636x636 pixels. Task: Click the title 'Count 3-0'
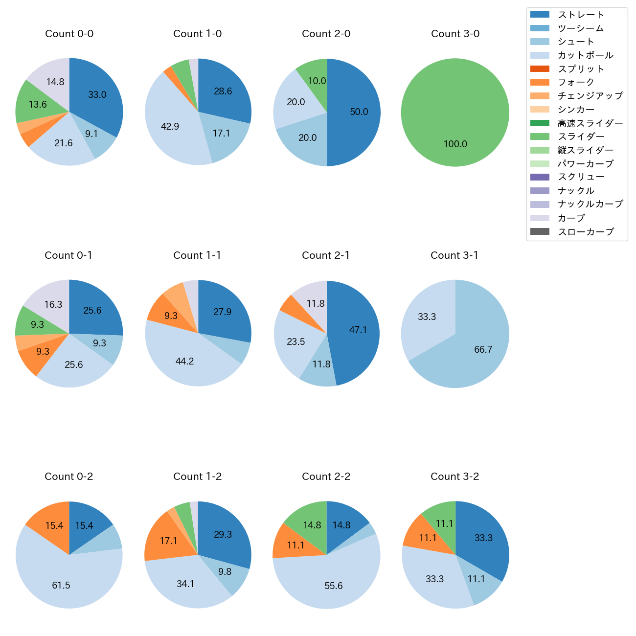(455, 34)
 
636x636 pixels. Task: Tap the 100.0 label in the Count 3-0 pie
(455, 144)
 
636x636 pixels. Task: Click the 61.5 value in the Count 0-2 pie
(61, 586)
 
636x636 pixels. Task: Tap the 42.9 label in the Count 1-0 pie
(170, 127)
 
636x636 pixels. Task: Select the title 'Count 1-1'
(197, 255)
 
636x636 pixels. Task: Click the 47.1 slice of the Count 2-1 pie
(355, 330)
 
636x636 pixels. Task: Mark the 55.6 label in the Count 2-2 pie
(334, 586)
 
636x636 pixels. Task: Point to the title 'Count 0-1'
(68, 255)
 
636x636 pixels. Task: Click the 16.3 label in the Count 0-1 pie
(53, 305)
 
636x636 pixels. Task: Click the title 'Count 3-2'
(454, 477)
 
